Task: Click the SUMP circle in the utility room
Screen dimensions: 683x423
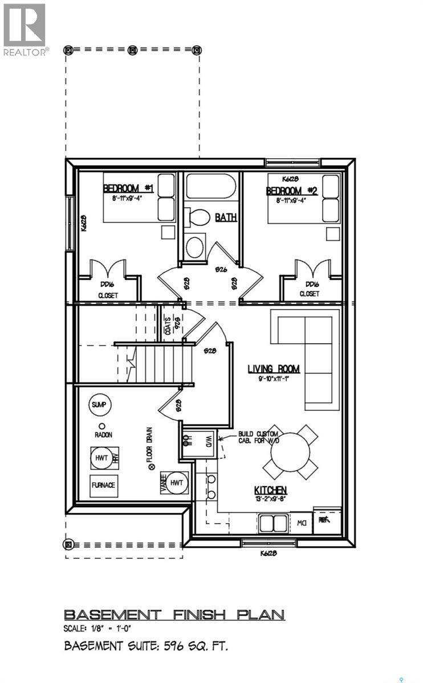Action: pos(100,405)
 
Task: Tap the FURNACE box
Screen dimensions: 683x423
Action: pos(104,485)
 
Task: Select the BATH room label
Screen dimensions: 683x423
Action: pos(226,217)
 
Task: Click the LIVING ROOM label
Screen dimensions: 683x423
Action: pos(273,369)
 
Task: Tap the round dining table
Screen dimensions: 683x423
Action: pos(290,452)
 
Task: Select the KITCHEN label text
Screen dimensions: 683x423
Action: pos(270,490)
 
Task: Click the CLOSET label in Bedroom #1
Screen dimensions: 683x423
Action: pos(107,296)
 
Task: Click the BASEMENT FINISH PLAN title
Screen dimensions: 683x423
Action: pos(174,615)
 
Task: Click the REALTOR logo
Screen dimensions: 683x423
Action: pos(25,28)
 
